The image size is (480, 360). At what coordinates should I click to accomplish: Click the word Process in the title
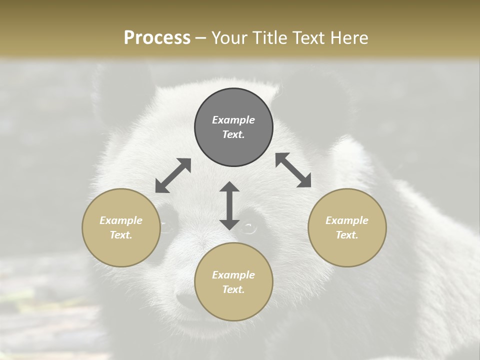click(x=157, y=38)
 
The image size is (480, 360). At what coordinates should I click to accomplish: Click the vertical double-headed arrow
click(x=229, y=205)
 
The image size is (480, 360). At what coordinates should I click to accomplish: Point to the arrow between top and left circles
click(x=173, y=175)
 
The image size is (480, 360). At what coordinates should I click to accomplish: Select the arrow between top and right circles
click(x=293, y=170)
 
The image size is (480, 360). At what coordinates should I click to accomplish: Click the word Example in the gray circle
click(x=233, y=120)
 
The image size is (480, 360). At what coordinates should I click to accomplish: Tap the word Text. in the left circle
click(x=121, y=235)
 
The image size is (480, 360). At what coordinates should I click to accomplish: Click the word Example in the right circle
click(x=347, y=220)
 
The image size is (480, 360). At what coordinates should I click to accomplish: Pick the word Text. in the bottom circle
click(x=233, y=289)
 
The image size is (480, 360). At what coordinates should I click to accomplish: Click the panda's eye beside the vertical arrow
click(x=248, y=228)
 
